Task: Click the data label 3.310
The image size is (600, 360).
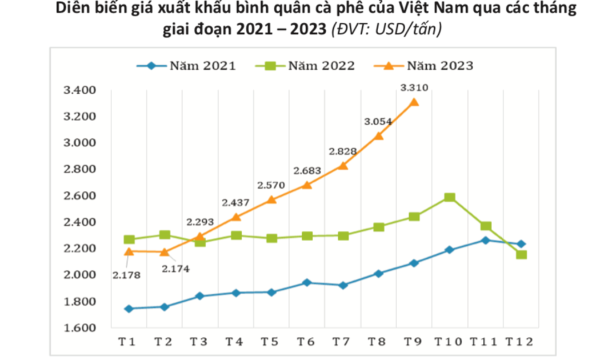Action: tap(414, 87)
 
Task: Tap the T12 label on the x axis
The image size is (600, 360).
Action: tap(519, 342)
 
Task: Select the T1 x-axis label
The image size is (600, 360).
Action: tap(127, 342)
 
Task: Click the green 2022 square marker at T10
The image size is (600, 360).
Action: tap(450, 198)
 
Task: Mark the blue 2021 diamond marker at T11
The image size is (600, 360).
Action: tap(486, 241)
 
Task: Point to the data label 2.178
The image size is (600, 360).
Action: tap(126, 274)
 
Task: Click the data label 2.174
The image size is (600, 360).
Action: tap(175, 268)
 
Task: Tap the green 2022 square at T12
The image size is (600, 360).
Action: tap(521, 254)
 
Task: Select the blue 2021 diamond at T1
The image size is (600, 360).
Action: tap(129, 309)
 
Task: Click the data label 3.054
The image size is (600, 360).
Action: tap(378, 121)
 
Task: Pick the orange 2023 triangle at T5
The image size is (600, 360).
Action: tap(271, 199)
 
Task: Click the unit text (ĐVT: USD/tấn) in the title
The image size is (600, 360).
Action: tap(386, 29)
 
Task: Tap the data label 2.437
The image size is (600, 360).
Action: tap(235, 203)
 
